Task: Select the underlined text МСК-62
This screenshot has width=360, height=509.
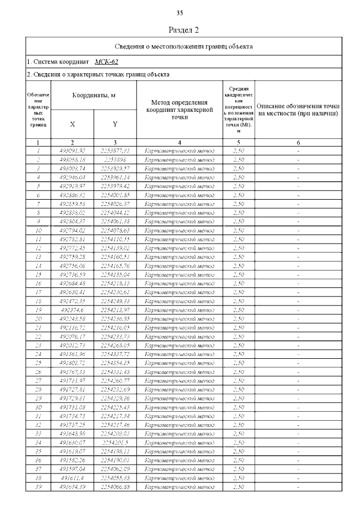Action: pyautogui.click(x=106, y=62)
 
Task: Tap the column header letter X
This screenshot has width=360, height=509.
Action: pyautogui.click(x=72, y=124)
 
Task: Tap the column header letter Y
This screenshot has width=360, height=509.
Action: pyautogui.click(x=115, y=124)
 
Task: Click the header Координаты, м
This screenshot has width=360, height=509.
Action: pyautogui.click(x=93, y=96)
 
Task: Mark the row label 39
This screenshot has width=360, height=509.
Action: pyautogui.click(x=38, y=487)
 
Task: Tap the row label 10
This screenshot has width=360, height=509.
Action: pyautogui.click(x=38, y=230)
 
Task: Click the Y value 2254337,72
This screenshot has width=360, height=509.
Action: pyautogui.click(x=115, y=354)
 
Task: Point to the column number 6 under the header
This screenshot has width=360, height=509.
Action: pyautogui.click(x=298, y=143)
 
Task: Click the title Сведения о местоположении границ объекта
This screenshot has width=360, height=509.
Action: pyautogui.click(x=184, y=46)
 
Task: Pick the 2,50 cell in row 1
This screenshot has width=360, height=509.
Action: pyautogui.click(x=238, y=150)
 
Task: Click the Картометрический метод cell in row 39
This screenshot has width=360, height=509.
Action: pyautogui.click(x=180, y=487)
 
